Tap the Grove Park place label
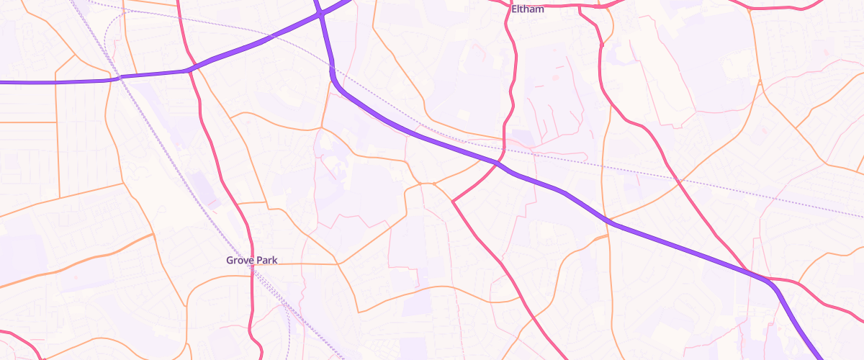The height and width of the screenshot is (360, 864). coord(251,260)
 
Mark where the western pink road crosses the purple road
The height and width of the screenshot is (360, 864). coord(189,70)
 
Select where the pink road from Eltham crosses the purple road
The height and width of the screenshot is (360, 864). coord(498,163)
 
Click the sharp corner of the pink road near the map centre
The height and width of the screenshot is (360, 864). coord(452,201)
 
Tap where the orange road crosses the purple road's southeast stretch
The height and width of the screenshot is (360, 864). coord(610,220)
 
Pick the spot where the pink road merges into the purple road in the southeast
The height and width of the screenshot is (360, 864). coord(763,277)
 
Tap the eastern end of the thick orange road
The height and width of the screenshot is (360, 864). coord(153,235)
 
